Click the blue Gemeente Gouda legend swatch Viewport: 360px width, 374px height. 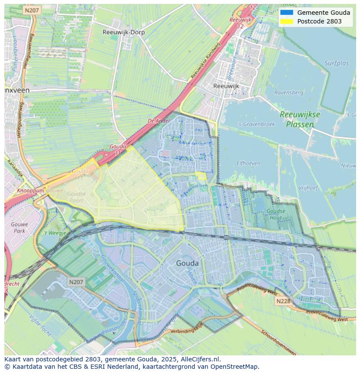tap(287, 13)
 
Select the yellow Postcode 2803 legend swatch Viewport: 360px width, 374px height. tap(287, 21)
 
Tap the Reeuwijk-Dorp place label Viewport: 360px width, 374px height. tap(124, 32)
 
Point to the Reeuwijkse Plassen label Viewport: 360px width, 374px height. tap(300, 119)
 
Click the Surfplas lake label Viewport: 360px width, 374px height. tap(337, 63)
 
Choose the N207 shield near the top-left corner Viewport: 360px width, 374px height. tap(32, 10)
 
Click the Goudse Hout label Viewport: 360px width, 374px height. tap(276, 215)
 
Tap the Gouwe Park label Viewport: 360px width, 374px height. tap(20, 228)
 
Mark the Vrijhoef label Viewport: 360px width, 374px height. tap(309, 188)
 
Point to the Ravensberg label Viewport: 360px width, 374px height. tap(289, 93)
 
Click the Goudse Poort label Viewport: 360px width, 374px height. tap(77, 197)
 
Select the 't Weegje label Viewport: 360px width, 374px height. tap(55, 233)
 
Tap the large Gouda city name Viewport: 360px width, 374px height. tap(187, 263)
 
